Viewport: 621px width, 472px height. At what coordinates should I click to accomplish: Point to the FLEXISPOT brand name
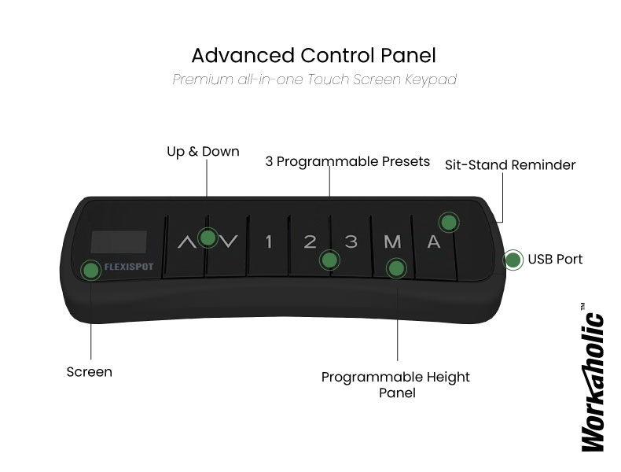129,267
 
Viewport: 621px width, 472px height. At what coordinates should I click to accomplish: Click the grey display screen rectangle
119,242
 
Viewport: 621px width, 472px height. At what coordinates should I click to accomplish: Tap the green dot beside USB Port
513,260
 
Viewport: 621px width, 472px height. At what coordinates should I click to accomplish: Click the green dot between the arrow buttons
208,238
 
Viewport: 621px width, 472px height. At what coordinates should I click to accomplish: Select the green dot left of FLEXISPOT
90,271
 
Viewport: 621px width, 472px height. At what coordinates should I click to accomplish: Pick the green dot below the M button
396,268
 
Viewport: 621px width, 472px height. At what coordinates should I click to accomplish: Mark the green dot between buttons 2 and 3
329,260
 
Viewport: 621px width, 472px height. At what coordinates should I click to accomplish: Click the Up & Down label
203,151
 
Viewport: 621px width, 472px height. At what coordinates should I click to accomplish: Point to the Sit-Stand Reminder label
510,165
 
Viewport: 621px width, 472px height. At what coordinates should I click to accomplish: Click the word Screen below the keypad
90,372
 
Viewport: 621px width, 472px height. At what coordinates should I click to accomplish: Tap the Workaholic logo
593,378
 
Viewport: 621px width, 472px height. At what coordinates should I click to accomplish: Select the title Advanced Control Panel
314,56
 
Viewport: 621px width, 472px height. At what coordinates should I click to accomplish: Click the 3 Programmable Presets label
347,162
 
